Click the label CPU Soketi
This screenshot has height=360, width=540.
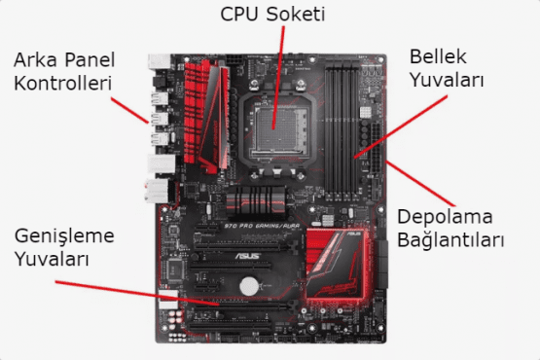coord(272,15)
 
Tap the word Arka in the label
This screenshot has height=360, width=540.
coord(35,60)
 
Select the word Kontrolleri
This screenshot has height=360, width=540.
coord(63,84)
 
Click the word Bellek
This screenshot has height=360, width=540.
coord(438,56)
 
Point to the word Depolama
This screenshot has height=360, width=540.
coord(445,218)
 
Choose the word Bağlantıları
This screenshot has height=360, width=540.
coord(450,239)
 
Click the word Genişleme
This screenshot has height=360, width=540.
coord(64,237)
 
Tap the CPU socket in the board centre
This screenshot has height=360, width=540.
coord(277,130)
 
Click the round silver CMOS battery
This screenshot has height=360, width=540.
coord(249,286)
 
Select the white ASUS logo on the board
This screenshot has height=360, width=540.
coord(247,256)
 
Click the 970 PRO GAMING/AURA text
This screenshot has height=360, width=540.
coord(262,227)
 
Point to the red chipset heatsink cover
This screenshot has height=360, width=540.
coord(336,264)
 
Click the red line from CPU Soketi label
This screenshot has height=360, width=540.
coord(278,78)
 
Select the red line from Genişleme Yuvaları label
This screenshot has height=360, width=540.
coord(137,294)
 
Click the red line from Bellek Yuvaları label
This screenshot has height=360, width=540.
coord(401,127)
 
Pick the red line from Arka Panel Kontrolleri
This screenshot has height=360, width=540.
coord(129,110)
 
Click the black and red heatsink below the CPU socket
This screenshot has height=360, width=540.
coord(256,202)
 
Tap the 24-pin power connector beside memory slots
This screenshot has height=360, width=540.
coord(376,148)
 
